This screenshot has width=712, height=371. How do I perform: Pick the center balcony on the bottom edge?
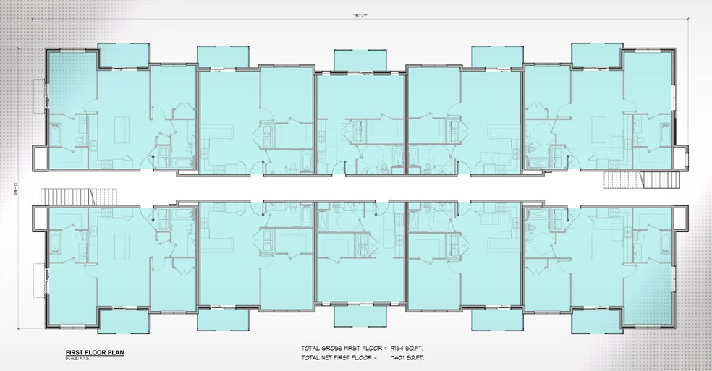point(360,316)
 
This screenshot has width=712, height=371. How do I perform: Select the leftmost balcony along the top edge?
point(123,55)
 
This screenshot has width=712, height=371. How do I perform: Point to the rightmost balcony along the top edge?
point(596,54)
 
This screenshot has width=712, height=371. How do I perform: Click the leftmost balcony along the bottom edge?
point(123,320)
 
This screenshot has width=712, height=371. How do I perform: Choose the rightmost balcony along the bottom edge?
point(596,321)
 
